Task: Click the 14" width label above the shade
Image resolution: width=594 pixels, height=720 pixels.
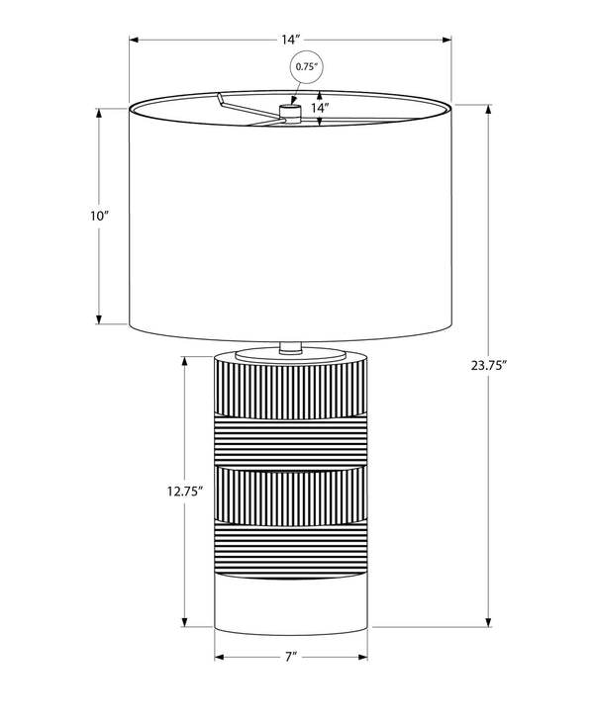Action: pos(290,40)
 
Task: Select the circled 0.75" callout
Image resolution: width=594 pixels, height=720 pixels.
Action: pos(307,66)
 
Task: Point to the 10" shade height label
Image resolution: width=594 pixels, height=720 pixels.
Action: pos(99,216)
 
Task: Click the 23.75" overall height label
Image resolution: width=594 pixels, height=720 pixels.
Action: pos(489,365)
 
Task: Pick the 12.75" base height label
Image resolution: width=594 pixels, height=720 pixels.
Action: pos(185,492)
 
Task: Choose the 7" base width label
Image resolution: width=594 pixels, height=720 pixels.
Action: pos(290,657)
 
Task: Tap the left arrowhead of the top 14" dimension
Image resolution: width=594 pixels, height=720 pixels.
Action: pos(134,40)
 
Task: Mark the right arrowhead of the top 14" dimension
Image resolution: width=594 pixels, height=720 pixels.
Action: pos(445,40)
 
